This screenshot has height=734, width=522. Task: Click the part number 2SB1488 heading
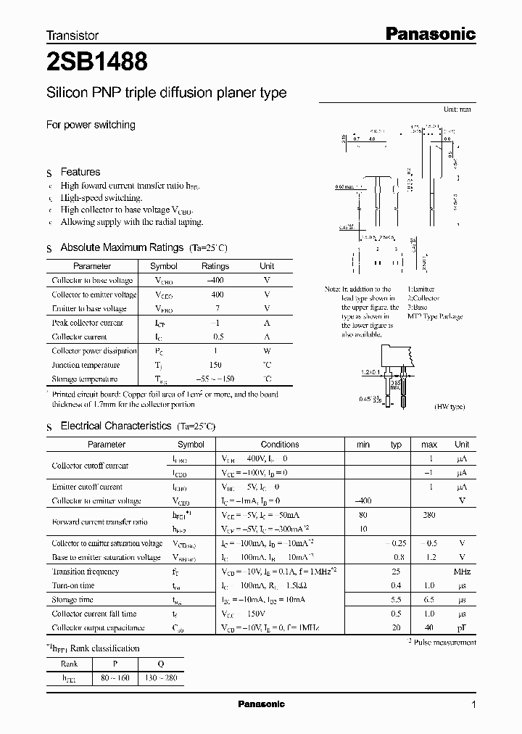pyautogui.click(x=98, y=62)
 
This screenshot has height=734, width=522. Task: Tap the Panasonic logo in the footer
pyautogui.click(x=261, y=704)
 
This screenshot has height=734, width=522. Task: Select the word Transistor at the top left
pyautogui.click(x=72, y=35)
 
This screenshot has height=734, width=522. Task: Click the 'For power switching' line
pyautogui.click(x=91, y=125)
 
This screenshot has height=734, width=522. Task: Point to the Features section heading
pyautogui.click(x=80, y=172)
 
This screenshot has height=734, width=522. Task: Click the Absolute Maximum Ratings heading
pyautogui.click(x=122, y=248)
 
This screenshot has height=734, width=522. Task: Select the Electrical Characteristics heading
pyautogui.click(x=115, y=426)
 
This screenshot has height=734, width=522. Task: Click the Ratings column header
pyautogui.click(x=215, y=266)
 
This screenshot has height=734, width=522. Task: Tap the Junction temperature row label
pyautogui.click(x=86, y=365)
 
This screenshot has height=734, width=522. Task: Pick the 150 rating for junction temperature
pyautogui.click(x=215, y=365)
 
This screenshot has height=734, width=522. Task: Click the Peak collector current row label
pyautogui.click(x=87, y=323)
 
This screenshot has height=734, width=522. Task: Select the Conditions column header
pyautogui.click(x=280, y=444)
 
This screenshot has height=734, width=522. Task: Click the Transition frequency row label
pyautogui.click(x=85, y=572)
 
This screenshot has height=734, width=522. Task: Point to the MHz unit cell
pyautogui.click(x=462, y=572)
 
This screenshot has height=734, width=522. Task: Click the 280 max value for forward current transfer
pyautogui.click(x=429, y=516)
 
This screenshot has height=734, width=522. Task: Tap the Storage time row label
pyautogui.click(x=72, y=600)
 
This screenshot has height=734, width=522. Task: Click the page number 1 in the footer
pyautogui.click(x=473, y=704)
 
